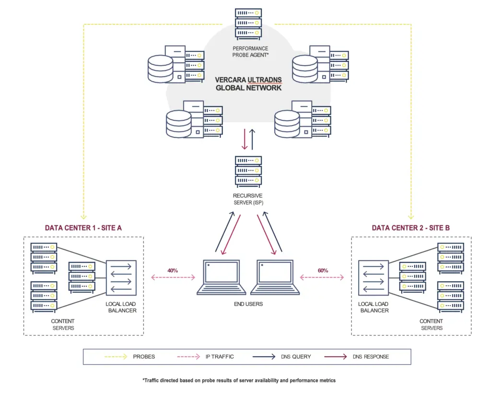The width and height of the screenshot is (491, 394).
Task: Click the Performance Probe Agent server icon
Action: [248, 23]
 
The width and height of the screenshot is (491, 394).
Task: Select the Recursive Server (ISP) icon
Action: [248, 172]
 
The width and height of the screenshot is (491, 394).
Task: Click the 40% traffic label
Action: [173, 270]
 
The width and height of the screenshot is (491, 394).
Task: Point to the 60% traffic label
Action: [322, 270]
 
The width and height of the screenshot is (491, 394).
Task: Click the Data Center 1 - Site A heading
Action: [83, 228]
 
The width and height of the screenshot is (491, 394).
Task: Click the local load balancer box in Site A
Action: [121, 277]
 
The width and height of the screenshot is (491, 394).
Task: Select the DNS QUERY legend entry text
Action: [296, 357]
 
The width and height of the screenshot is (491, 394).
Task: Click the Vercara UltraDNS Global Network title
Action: [248, 84]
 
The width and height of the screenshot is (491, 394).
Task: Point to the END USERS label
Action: [248, 304]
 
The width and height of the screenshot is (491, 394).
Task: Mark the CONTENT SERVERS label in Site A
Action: [63, 324]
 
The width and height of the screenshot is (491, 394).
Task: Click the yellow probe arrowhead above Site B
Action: [411, 216]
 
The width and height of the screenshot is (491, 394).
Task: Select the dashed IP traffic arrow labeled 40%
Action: [173, 278]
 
